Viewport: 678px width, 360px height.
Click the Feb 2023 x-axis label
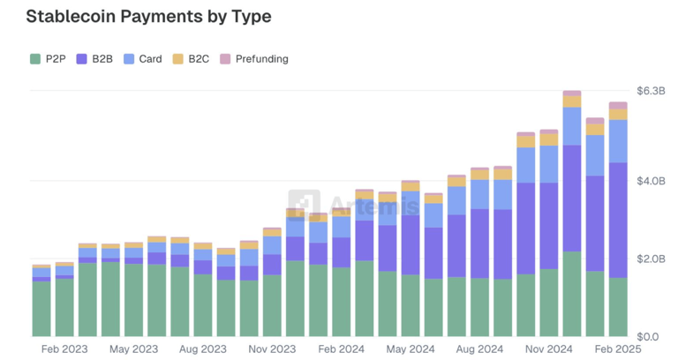click(64, 349)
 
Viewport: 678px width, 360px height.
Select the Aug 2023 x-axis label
click(203, 349)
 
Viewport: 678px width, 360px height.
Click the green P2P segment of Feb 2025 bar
click(617, 307)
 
